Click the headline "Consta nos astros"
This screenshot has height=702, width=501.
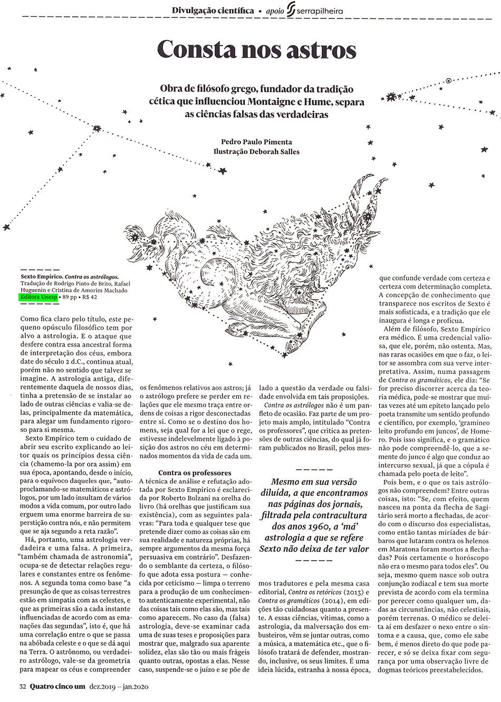(257, 50)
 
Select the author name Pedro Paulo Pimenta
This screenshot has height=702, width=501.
(257, 141)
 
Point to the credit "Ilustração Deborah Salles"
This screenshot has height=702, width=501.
(257, 152)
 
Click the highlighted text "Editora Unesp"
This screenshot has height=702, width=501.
(37, 297)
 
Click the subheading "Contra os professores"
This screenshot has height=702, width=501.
(195, 473)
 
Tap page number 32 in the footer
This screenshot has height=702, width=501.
(23, 687)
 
